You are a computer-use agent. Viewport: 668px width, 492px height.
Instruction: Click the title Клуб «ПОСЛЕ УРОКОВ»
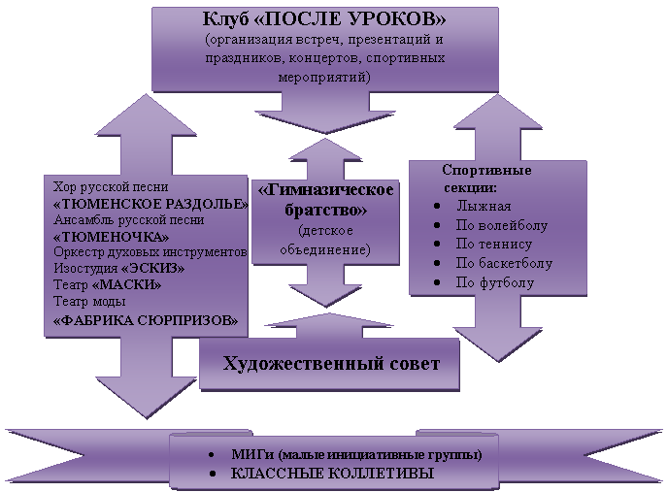click(x=325, y=20)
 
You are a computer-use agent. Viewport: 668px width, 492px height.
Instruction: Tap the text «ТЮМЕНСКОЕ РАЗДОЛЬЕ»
click(x=150, y=204)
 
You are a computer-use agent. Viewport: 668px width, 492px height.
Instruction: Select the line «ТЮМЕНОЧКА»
click(x=111, y=237)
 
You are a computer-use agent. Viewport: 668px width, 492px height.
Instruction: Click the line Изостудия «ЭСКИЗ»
click(x=117, y=269)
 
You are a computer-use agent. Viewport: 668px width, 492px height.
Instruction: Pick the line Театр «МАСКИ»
click(x=107, y=285)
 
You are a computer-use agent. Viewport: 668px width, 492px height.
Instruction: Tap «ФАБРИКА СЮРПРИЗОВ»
click(x=146, y=319)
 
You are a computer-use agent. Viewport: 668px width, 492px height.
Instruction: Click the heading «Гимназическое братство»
click(x=326, y=198)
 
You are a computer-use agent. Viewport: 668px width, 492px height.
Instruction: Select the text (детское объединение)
click(x=326, y=241)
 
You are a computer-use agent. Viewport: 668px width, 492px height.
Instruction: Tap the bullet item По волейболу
click(x=501, y=225)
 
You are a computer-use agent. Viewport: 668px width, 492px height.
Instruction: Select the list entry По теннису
click(x=494, y=244)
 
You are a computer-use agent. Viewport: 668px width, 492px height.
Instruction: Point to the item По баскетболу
click(x=503, y=263)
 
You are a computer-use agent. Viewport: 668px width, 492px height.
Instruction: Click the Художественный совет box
click(x=331, y=364)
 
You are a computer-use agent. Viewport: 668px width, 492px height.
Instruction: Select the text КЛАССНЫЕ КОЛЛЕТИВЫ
click(x=330, y=473)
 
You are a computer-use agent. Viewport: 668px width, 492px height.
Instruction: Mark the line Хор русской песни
click(x=111, y=186)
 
